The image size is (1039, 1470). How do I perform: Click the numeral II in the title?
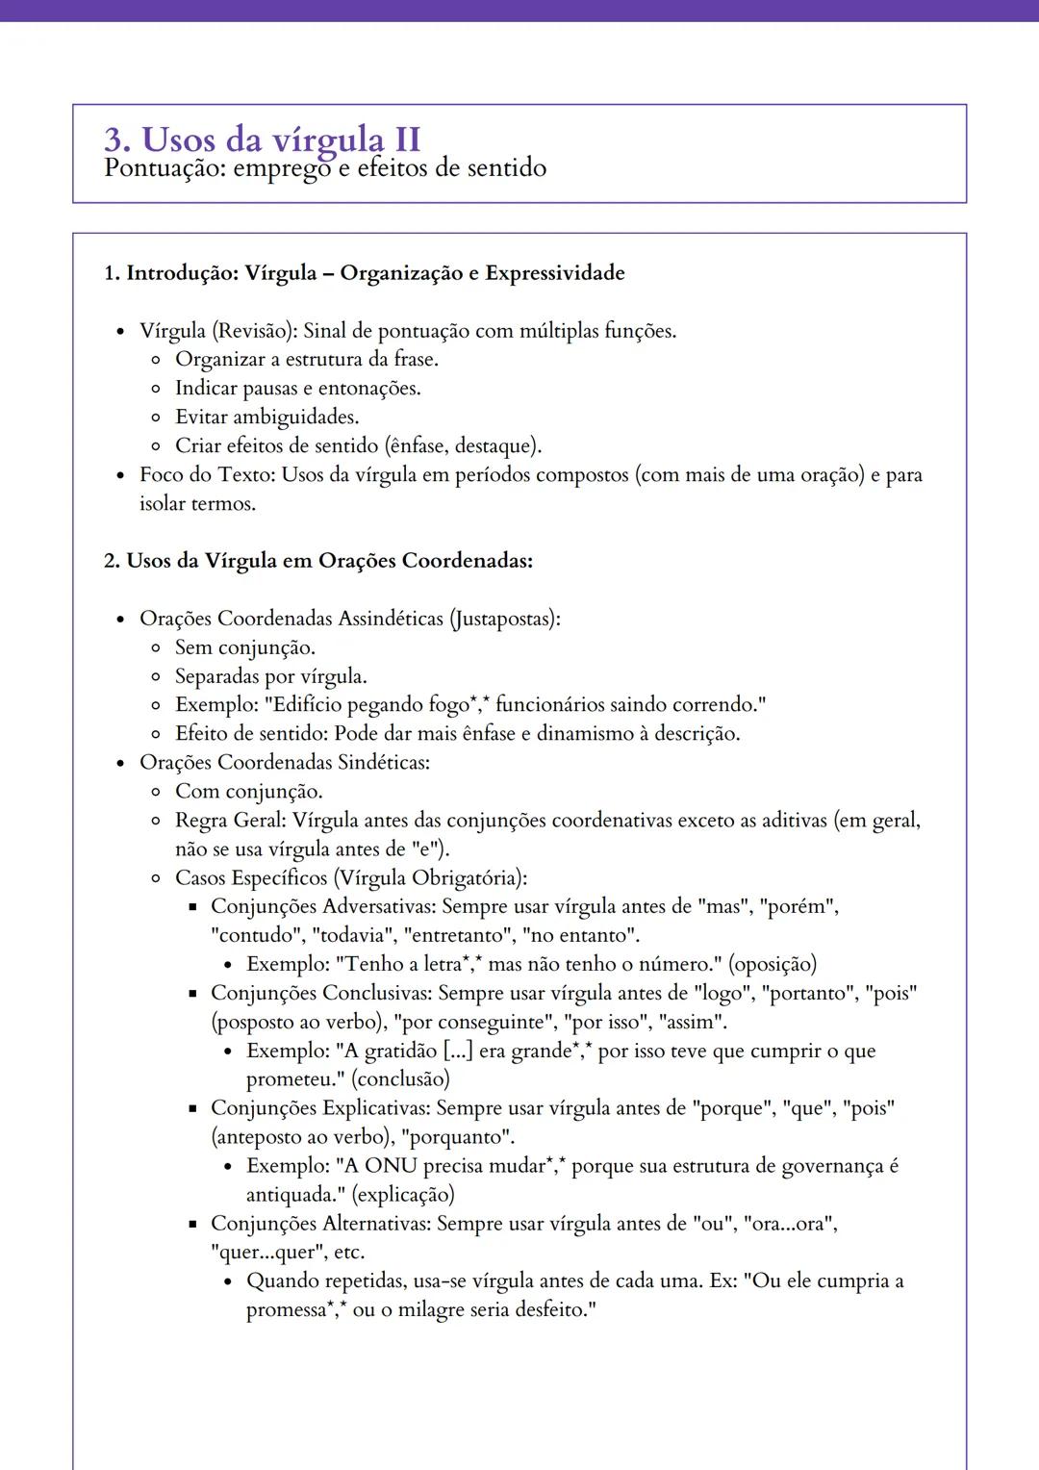(x=401, y=139)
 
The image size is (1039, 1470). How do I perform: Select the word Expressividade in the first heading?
(x=555, y=273)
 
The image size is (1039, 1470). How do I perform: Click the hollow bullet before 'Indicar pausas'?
(x=156, y=389)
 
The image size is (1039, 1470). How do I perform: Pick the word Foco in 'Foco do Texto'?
(x=163, y=475)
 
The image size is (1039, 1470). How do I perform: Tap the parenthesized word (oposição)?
(x=773, y=965)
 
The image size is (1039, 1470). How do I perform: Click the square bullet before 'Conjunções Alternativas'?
(x=192, y=1225)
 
